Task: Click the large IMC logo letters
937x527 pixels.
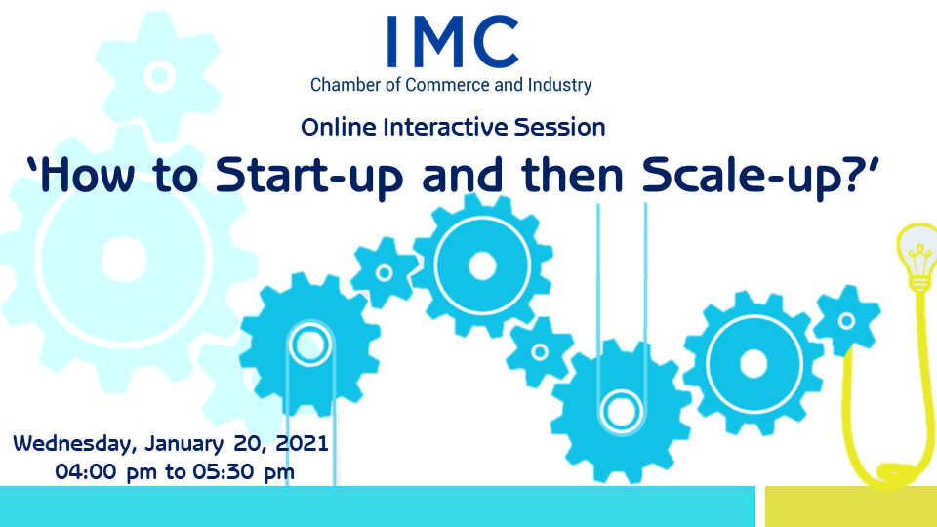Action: [452, 41]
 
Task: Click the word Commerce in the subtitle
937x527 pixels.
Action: [448, 85]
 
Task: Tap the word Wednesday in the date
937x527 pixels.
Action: [75, 444]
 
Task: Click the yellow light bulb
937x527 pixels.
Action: [917, 256]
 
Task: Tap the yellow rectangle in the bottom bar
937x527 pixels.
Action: [851, 507]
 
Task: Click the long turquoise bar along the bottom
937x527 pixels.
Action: [378, 507]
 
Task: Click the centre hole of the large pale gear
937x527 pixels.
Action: [124, 260]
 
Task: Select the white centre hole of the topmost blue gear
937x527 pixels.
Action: [482, 265]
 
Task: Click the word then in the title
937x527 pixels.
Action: [572, 176]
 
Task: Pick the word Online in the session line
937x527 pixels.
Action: [339, 127]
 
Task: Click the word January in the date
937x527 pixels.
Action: [184, 444]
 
